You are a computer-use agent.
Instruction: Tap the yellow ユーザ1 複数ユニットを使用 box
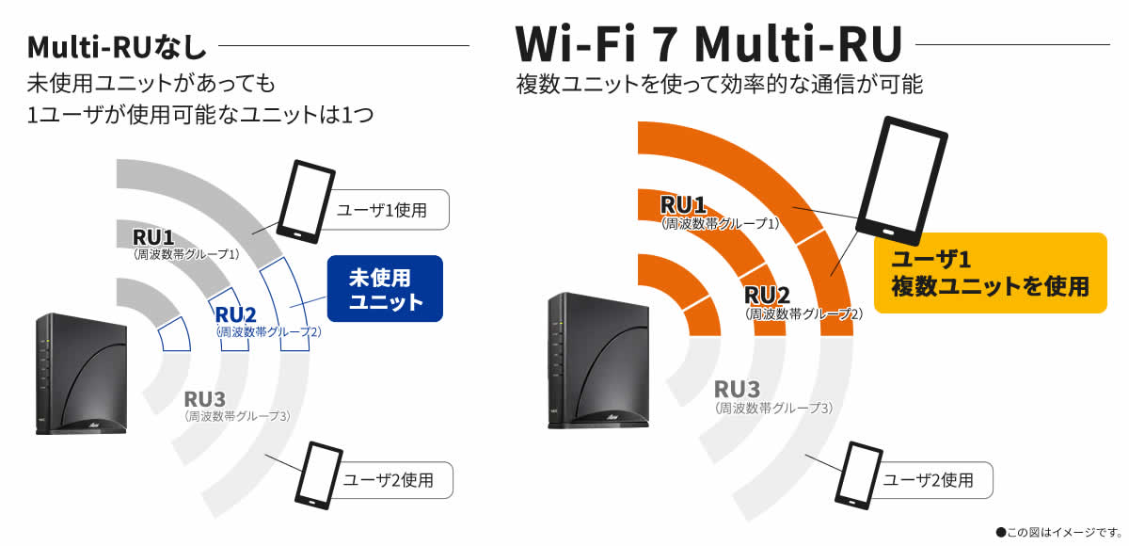[x=991, y=273]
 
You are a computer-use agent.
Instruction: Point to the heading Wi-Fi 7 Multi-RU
[x=708, y=42]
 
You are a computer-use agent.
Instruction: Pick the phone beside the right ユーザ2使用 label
[x=855, y=476]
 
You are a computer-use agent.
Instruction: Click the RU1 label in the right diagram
[x=683, y=204]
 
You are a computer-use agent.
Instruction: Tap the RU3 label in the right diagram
[x=738, y=389]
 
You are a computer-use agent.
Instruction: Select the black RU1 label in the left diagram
[x=152, y=236]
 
